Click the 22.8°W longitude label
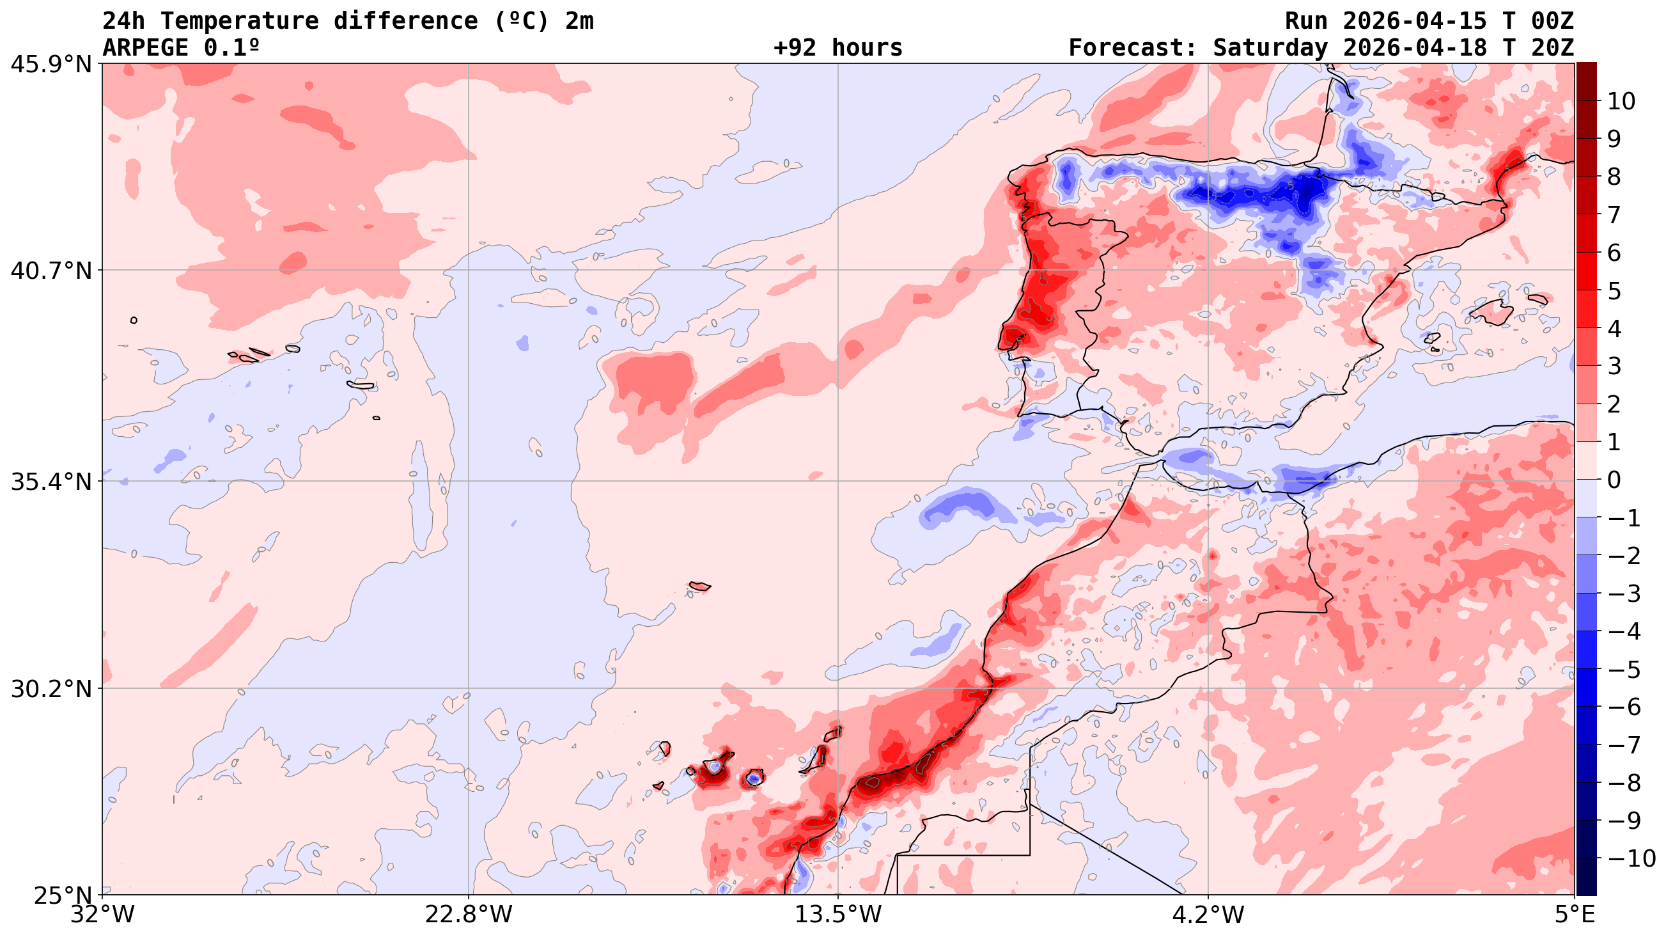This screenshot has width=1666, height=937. pyautogui.click(x=468, y=915)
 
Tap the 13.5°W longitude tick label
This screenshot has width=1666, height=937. pyautogui.click(x=838, y=915)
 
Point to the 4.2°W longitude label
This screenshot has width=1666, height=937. pyautogui.click(x=1208, y=915)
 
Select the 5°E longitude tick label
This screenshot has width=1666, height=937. pyautogui.click(x=1574, y=915)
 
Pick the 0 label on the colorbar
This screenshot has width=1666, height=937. pyautogui.click(x=1615, y=480)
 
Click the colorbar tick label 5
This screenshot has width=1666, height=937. pyautogui.click(x=1615, y=290)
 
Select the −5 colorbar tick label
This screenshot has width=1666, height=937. pyautogui.click(x=1623, y=669)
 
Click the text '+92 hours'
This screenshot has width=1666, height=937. pyautogui.click(x=837, y=48)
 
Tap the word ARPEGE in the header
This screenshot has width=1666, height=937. pyautogui.click(x=146, y=48)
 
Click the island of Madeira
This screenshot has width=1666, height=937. pyautogui.click(x=700, y=587)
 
